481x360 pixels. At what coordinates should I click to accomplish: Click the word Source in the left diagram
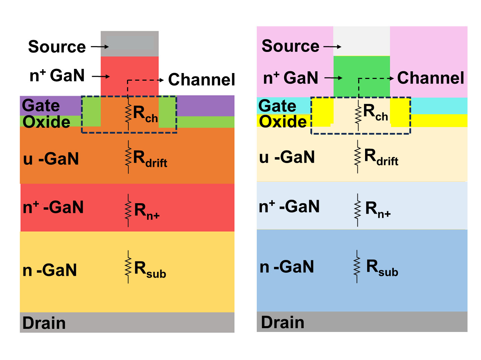point(57,46)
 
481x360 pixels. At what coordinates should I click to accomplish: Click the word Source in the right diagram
point(290,46)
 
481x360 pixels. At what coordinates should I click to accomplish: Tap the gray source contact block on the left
point(129,44)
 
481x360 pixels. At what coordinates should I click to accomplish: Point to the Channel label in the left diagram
point(201,79)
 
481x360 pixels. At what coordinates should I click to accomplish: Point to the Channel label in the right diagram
point(430,78)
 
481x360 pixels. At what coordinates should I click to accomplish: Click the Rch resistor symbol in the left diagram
point(128,114)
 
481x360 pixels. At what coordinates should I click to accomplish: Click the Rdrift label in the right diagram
point(381,157)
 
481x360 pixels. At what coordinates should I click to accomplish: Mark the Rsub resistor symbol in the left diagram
point(128,267)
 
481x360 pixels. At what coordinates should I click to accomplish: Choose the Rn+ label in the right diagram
point(378,210)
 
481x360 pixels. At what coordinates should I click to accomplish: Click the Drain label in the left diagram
point(44,323)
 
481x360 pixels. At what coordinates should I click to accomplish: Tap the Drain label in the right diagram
point(283,322)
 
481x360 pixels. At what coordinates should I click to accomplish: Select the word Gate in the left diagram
point(41,106)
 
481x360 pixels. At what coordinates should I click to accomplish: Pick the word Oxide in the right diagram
point(283,121)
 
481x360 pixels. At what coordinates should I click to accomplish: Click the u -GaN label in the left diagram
point(51,159)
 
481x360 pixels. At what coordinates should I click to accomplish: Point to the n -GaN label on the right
point(287,267)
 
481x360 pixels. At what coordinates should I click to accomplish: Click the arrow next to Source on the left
point(100,46)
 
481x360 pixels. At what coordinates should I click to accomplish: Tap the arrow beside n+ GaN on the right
point(333,78)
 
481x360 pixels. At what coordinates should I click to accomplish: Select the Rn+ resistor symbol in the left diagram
point(128,210)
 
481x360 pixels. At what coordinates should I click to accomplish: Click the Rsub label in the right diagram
point(382,268)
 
